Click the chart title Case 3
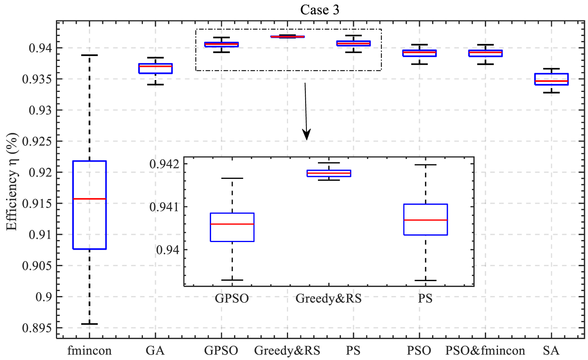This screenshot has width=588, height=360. [x=319, y=10]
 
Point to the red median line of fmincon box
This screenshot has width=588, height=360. [x=89, y=199]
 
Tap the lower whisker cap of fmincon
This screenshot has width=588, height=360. [x=89, y=324]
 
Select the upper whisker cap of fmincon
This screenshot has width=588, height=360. [x=89, y=55]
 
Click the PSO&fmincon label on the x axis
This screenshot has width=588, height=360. [x=485, y=350]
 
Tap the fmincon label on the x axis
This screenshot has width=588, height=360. [x=89, y=350]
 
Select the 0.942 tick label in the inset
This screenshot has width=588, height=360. [x=164, y=164]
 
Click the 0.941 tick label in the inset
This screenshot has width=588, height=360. [x=164, y=207]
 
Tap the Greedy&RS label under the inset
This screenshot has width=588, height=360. [x=328, y=298]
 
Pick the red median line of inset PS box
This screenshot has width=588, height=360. [x=425, y=220]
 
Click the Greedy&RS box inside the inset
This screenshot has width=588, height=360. [x=329, y=173]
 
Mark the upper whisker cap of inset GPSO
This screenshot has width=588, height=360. [x=232, y=178]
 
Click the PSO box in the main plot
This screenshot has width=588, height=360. [x=419, y=53]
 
